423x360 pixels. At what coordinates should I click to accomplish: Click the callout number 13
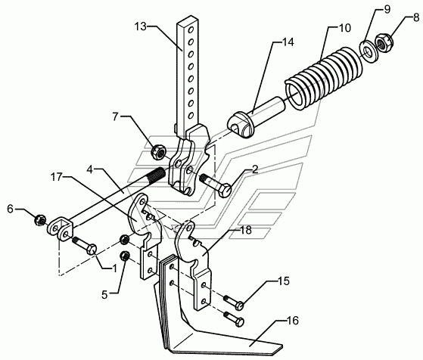tap(140, 26)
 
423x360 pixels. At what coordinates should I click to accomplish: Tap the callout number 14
tap(288, 42)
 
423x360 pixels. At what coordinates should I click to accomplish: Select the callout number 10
tap(344, 28)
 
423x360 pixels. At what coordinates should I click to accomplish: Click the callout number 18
tap(246, 230)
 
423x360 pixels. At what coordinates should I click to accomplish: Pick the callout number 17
tap(56, 177)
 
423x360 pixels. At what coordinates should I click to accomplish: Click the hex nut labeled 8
tap(384, 42)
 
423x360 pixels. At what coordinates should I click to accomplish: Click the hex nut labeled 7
tap(158, 152)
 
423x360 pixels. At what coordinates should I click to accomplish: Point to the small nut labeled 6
tap(40, 220)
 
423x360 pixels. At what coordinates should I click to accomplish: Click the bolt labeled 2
tap(215, 185)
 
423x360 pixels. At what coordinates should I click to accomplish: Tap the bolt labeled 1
tap(84, 245)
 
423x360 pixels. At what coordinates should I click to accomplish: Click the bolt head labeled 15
tap(240, 306)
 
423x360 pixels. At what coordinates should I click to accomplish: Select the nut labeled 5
tap(124, 256)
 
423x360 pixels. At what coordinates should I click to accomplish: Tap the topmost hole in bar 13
tap(191, 29)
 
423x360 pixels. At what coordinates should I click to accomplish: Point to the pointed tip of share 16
tap(281, 346)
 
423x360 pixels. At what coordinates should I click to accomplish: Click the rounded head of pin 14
tap(241, 125)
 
